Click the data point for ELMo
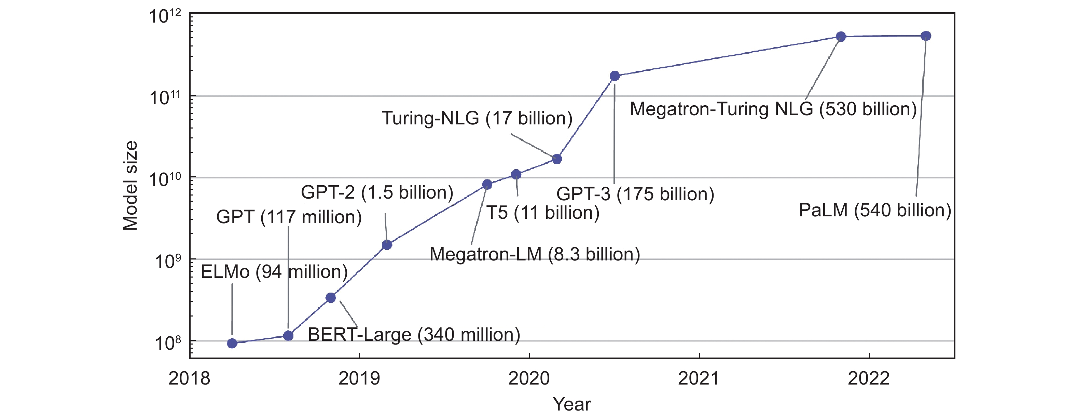point(232,343)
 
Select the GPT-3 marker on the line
point(615,76)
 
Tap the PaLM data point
point(926,36)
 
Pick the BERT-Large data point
point(330,297)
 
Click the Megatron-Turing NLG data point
point(841,36)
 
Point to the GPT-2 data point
point(387,244)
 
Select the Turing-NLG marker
point(557,159)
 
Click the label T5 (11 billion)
point(542,213)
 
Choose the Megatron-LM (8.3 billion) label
point(535,254)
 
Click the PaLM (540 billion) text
point(875,210)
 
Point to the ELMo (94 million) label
point(274,272)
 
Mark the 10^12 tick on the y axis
point(165,17)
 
